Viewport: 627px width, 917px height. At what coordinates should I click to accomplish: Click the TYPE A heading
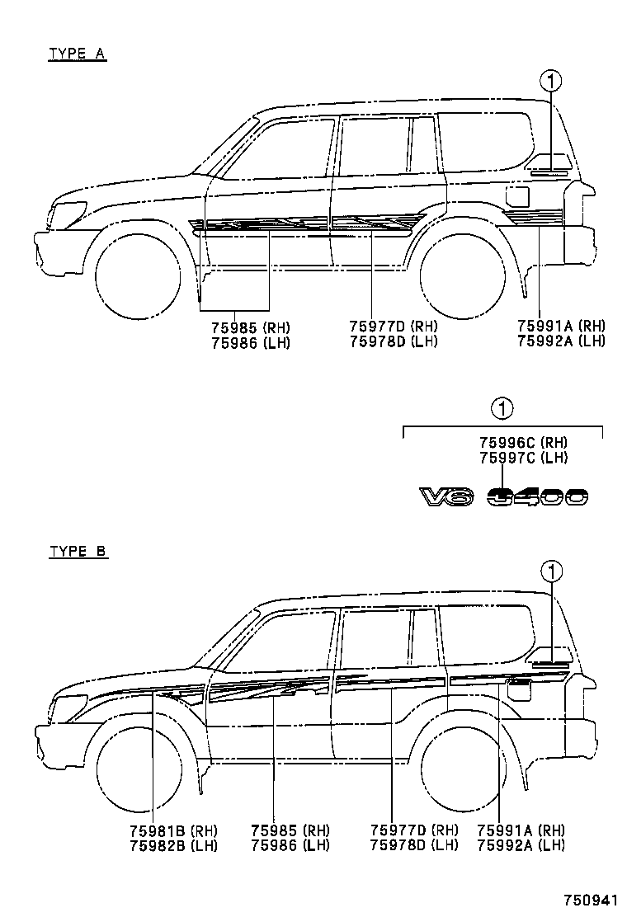pos(78,54)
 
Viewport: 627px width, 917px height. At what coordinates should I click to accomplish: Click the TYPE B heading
pos(78,552)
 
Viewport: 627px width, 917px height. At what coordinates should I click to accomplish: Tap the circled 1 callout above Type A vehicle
pos(551,81)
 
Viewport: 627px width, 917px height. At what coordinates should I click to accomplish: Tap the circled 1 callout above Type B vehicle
pos(551,571)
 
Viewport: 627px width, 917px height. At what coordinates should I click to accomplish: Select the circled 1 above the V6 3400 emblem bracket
pos(502,407)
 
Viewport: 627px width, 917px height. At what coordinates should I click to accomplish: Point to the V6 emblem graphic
pos(445,496)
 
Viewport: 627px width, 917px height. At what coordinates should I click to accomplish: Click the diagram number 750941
pos(591,900)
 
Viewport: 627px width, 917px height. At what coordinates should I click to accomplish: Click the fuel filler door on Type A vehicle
pos(518,196)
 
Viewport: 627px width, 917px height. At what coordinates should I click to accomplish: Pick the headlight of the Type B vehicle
pos(70,707)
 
